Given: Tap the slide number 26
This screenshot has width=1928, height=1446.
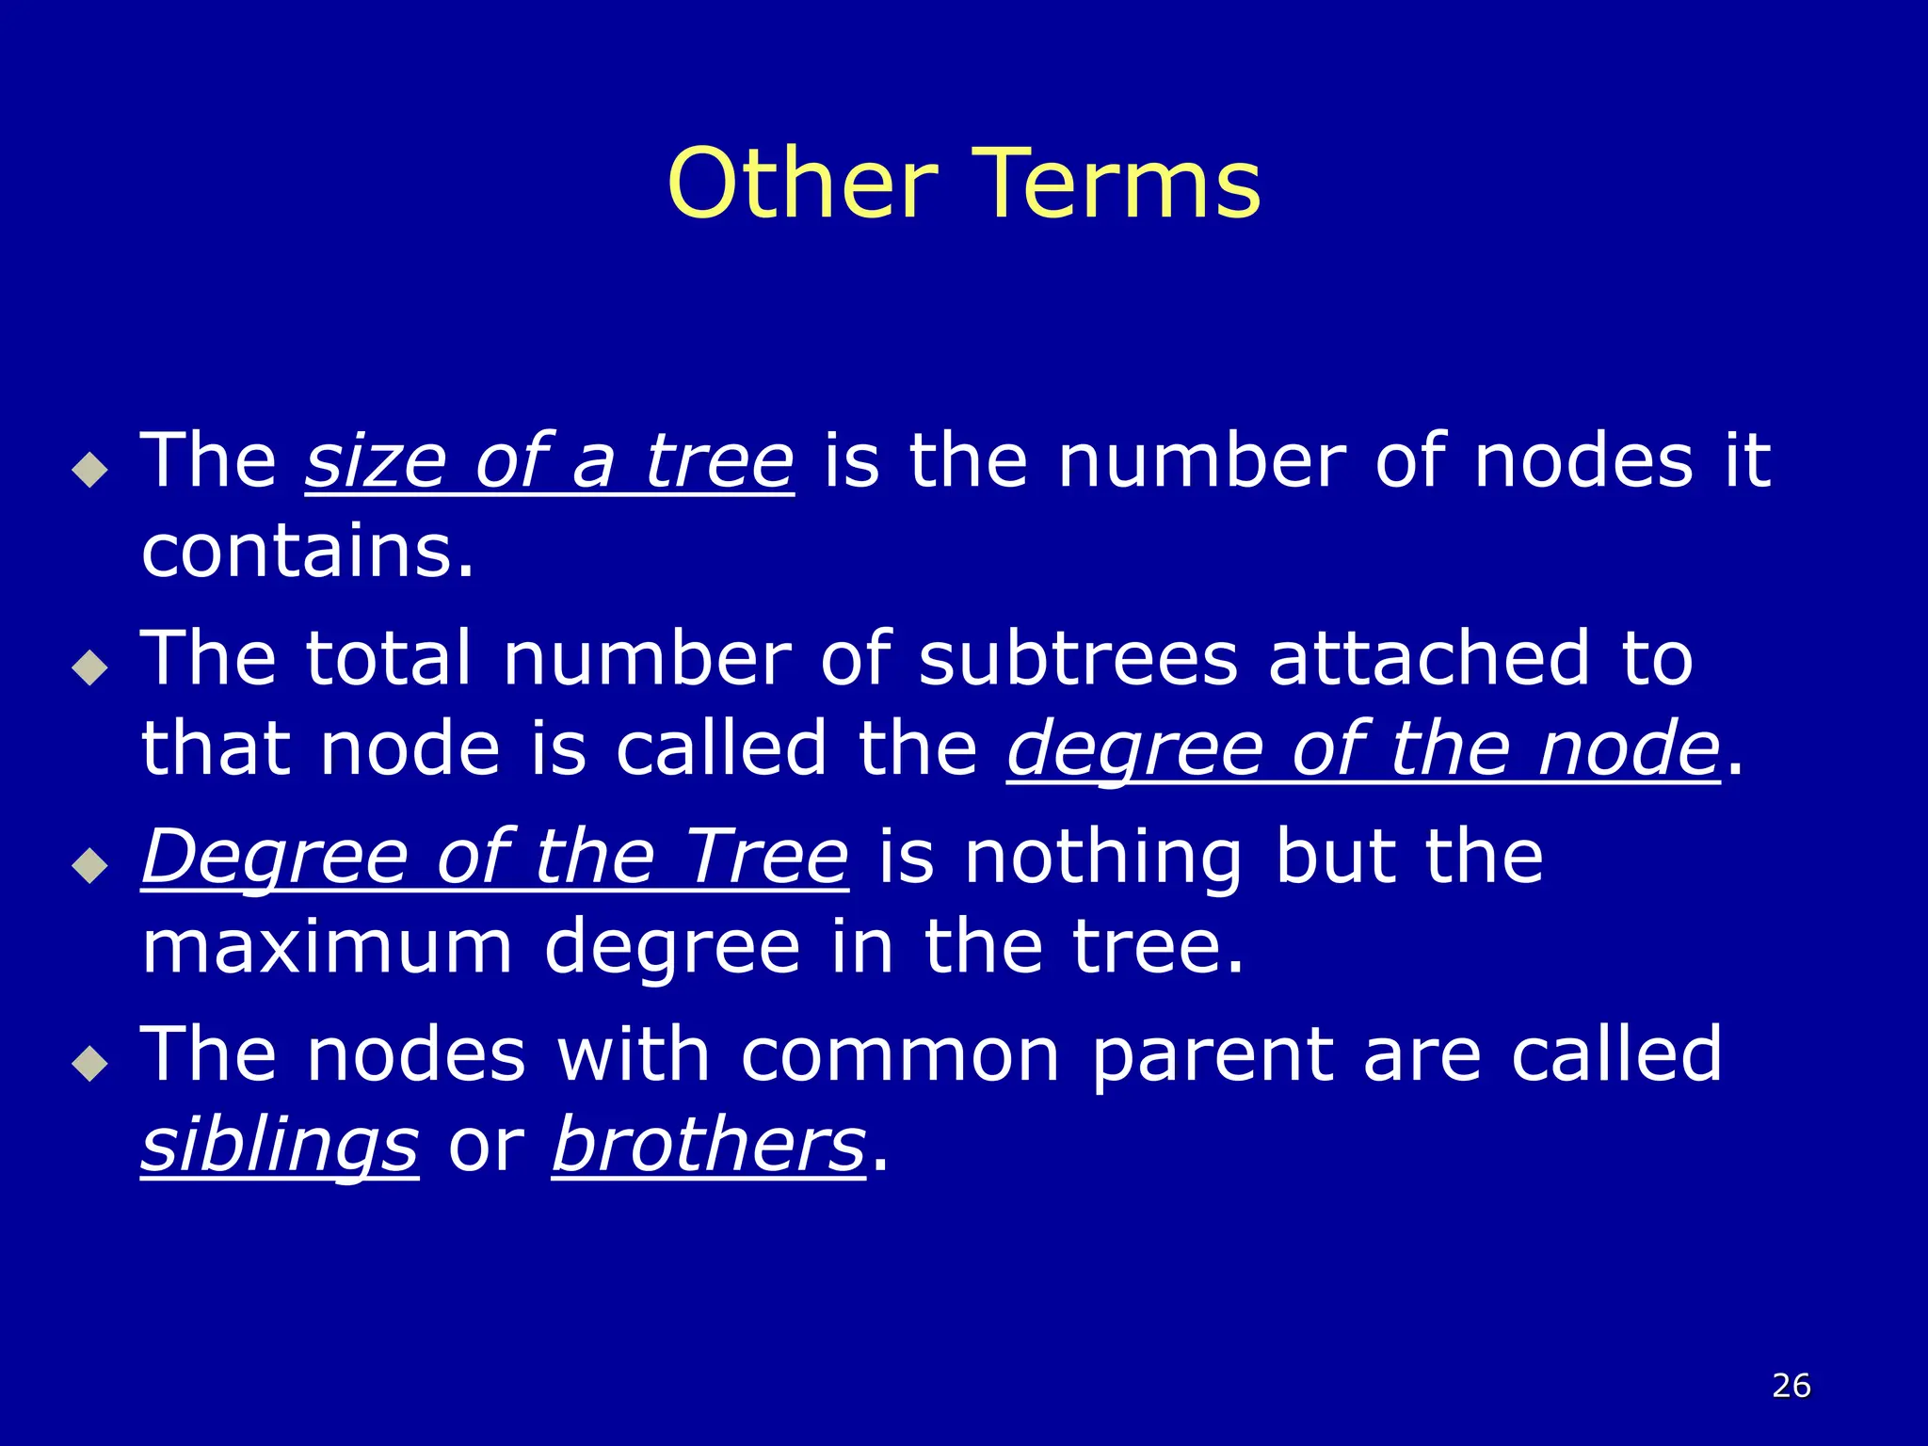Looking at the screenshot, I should pos(1791,1386).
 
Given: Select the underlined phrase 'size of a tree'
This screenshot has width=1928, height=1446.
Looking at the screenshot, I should pos(550,461).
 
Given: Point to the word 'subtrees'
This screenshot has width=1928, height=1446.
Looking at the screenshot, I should pos(1078,658).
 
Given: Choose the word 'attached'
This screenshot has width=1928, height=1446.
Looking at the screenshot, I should pos(1429,658).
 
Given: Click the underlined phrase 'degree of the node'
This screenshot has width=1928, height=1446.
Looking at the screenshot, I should pos(1363,749).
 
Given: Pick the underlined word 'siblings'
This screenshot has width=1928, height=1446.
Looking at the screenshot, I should pos(280,1145).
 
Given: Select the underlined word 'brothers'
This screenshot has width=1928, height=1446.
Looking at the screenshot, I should pos(708,1145).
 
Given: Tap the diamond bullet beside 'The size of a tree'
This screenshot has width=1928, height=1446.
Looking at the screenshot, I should pos(90,469).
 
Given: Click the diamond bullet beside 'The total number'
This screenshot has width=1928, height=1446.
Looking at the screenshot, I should pos(90,667).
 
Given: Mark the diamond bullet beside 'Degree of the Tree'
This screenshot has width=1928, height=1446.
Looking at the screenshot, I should pos(90,865).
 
